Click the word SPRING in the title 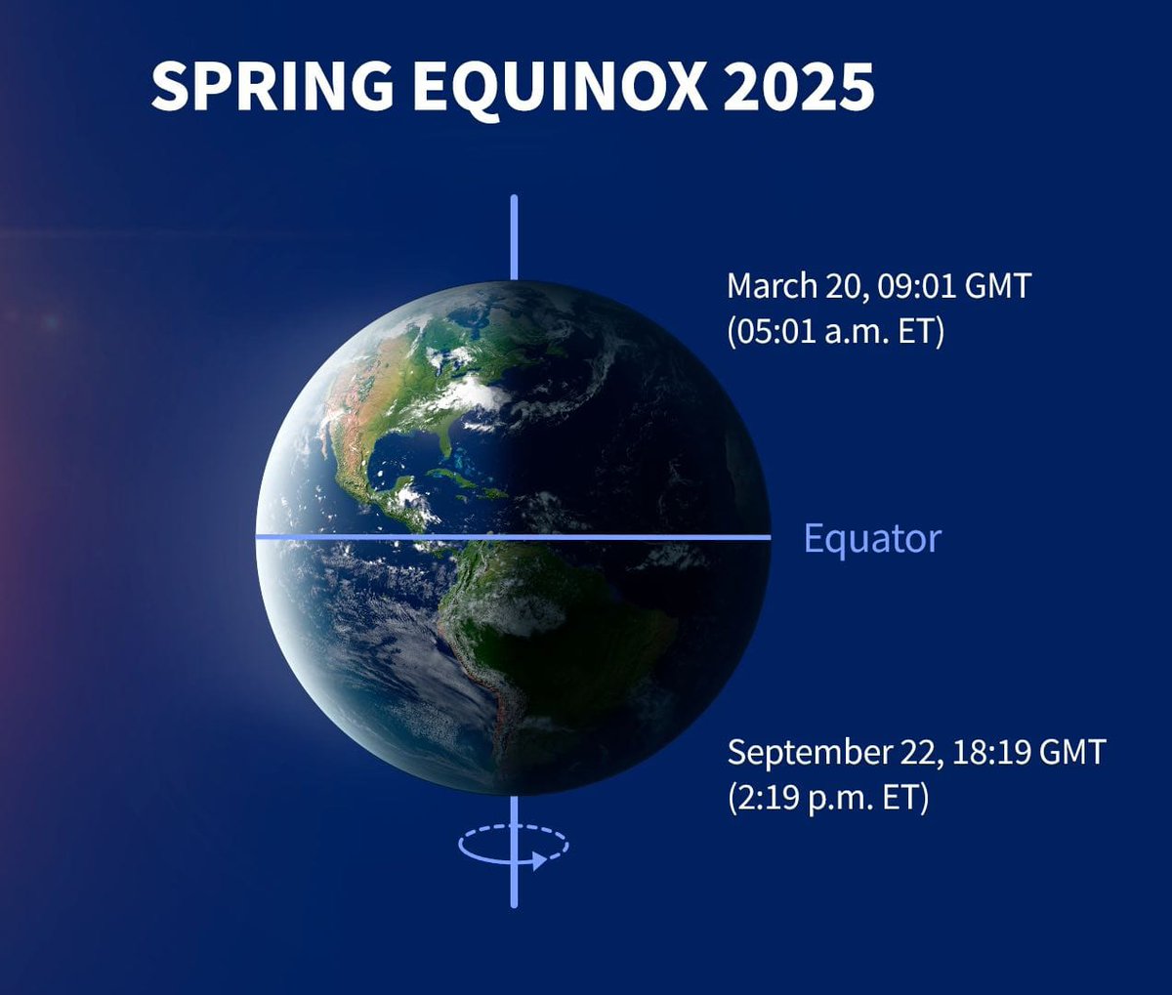(272, 86)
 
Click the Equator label (872, 538)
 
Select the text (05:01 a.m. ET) (835, 332)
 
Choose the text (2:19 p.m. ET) (828, 798)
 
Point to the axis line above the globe (514, 237)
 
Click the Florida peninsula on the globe (443, 444)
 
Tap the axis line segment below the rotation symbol (514, 889)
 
